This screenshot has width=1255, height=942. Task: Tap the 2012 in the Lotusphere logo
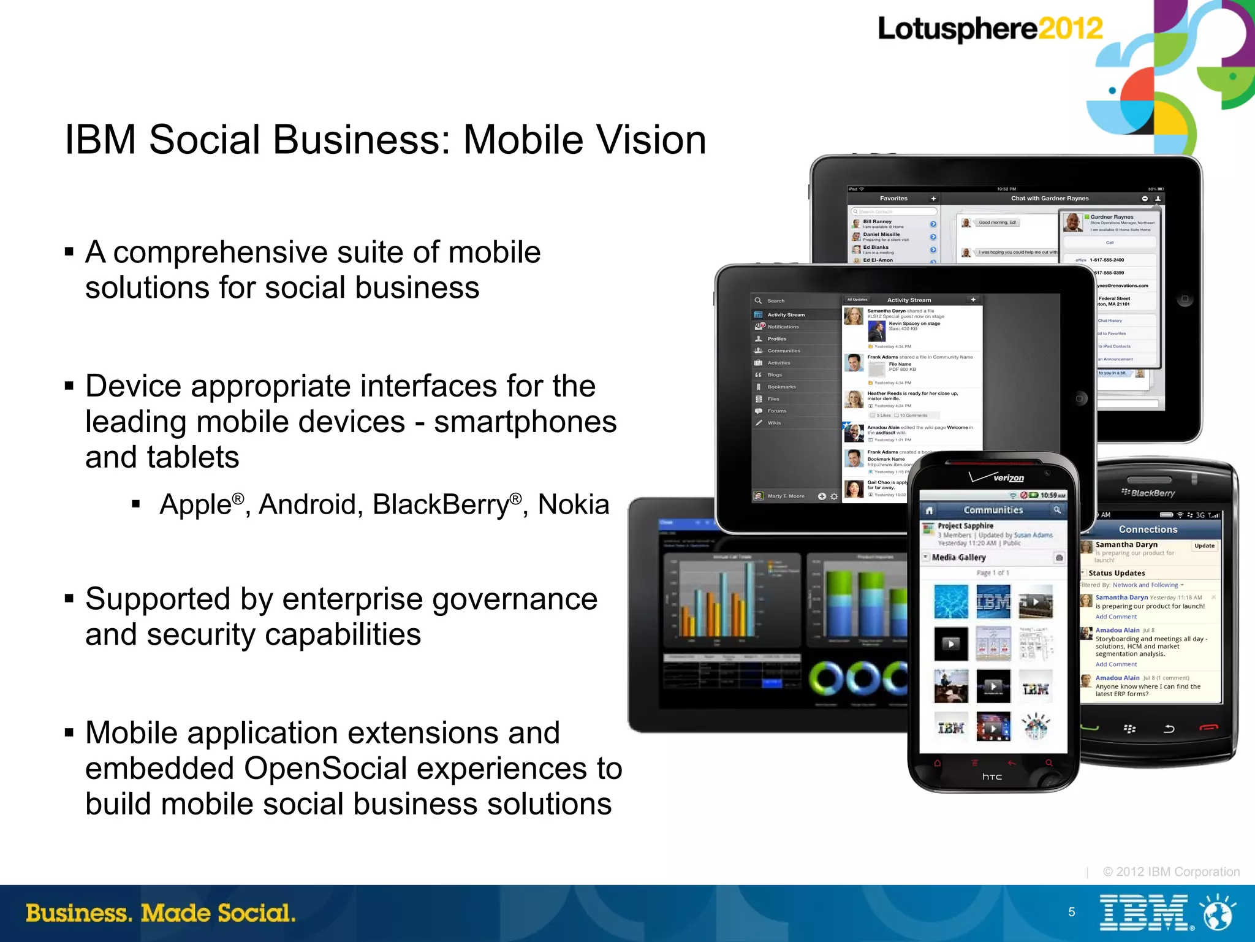point(1070,29)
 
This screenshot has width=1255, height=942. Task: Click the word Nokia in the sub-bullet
point(574,505)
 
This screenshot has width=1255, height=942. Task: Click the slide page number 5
point(1071,912)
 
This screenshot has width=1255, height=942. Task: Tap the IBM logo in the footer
point(1144,913)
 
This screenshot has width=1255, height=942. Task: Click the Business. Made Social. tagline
point(161,913)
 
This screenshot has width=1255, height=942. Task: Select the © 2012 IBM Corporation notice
point(1170,872)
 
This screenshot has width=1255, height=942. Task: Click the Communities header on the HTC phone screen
point(993,510)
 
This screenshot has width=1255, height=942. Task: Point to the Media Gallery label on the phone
point(958,557)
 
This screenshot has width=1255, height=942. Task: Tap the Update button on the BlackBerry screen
point(1204,545)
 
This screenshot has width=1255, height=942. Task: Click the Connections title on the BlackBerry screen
point(1148,530)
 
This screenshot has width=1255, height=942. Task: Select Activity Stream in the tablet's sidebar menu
point(786,315)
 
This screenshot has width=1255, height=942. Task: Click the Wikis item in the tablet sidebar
point(774,423)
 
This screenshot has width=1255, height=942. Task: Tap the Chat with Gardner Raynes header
point(1050,199)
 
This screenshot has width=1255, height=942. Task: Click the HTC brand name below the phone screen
point(992,777)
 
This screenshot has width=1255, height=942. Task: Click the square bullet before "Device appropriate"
point(69,386)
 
